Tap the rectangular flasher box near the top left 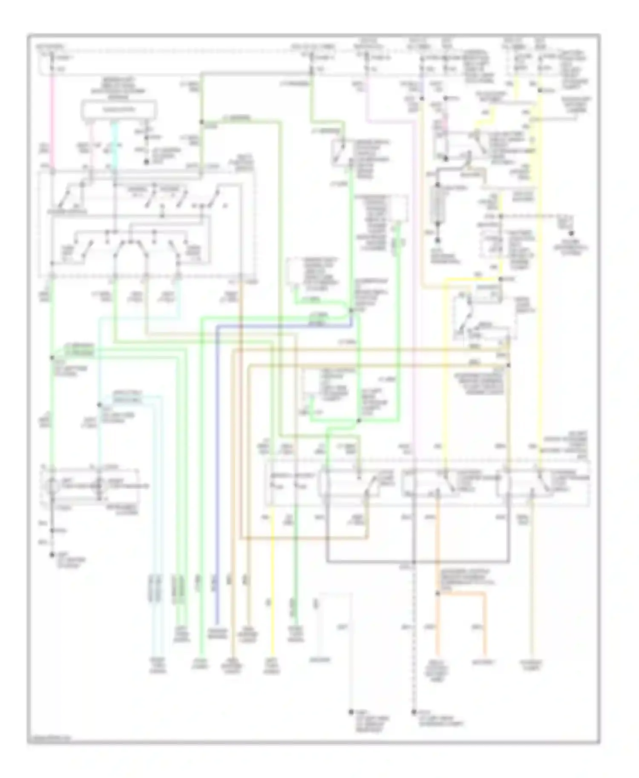tap(119, 110)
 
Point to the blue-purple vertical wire tap(216, 468)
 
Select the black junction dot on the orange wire tap(438, 593)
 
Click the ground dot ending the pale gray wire tap(351, 712)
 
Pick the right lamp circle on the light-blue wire tap(99, 485)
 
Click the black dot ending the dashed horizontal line tap(572, 233)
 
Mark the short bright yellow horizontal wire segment tap(473, 279)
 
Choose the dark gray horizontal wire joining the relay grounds tap(417, 562)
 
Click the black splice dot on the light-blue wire tap(99, 404)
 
